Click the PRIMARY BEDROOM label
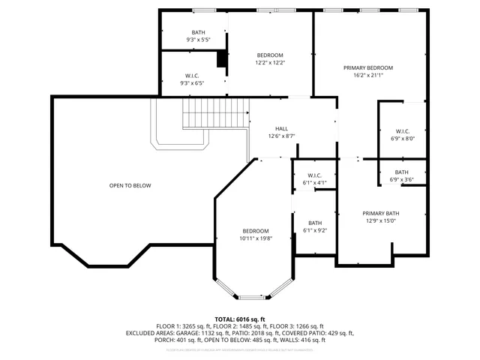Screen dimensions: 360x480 368,67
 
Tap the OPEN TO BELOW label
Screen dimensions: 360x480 130,185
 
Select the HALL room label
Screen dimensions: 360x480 281,128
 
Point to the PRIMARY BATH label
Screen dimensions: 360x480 380,213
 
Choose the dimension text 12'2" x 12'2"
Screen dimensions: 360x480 270,63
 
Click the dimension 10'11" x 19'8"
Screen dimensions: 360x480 255,238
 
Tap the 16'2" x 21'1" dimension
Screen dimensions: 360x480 368,75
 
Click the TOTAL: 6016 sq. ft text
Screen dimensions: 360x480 240,319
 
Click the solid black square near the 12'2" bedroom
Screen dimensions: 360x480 222,60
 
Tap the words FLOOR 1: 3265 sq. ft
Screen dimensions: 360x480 186,326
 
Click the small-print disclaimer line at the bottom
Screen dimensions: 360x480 240,349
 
